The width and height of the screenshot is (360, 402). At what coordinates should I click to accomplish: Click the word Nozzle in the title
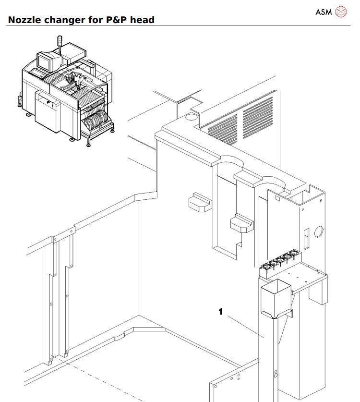click(x=24, y=20)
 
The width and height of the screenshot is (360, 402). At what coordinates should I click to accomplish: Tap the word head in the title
click(x=144, y=20)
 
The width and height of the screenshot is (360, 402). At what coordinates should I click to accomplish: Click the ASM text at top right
click(x=324, y=12)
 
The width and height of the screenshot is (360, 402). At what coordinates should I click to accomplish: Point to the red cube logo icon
click(x=341, y=11)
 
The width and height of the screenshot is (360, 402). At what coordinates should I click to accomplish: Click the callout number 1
click(x=220, y=312)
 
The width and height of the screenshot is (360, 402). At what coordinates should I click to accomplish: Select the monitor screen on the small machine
click(x=46, y=62)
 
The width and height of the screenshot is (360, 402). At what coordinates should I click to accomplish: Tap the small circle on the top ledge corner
click(x=190, y=116)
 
